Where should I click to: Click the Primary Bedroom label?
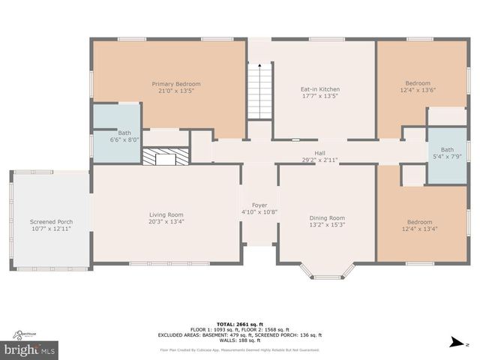[176, 83]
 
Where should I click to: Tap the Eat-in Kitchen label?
[320, 89]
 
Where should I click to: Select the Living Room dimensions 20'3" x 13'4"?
[166, 221]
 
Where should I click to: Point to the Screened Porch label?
[52, 222]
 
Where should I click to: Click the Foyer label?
[259, 205]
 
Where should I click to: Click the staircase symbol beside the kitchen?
[259, 91]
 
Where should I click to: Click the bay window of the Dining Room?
[327, 274]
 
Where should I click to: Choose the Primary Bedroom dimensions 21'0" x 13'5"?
[176, 91]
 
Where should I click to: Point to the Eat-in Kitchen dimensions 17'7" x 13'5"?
[320, 96]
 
